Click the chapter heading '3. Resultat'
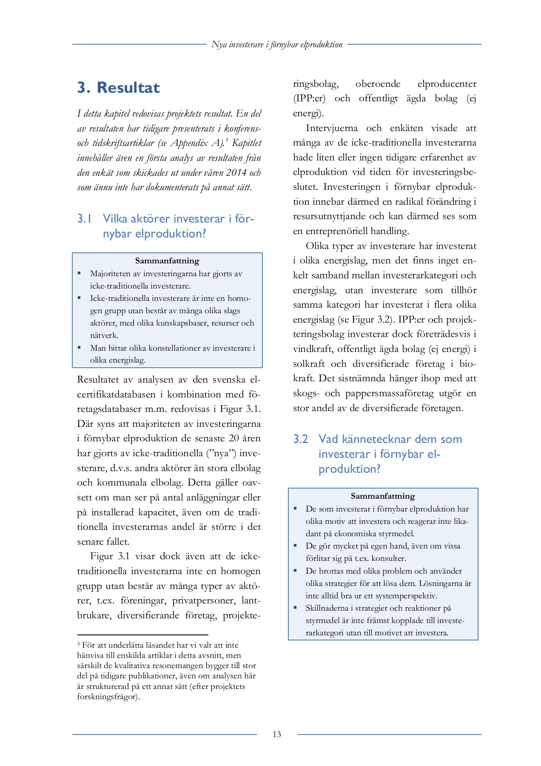pyautogui.click(x=118, y=88)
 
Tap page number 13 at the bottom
pyautogui.click(x=277, y=734)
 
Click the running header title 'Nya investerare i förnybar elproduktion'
pyautogui.click(x=277, y=44)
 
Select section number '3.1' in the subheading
pyautogui.click(x=84, y=219)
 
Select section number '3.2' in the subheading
pyautogui.click(x=300, y=439)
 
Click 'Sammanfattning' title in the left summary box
pyautogui.click(x=167, y=261)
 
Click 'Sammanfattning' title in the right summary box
pyautogui.click(x=383, y=496)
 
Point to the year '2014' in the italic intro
pyautogui.click(x=236, y=173)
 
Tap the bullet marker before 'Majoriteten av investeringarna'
pyautogui.click(x=79, y=273)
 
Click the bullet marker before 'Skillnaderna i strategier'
pyautogui.click(x=295, y=608)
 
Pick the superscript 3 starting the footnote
pyautogui.click(x=79, y=644)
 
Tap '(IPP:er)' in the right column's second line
pyautogui.click(x=309, y=99)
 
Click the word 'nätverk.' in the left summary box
pyautogui.click(x=104, y=335)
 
